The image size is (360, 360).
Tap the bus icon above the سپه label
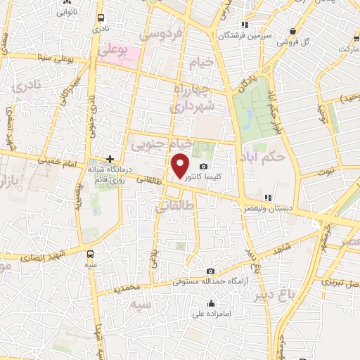coord(89,254)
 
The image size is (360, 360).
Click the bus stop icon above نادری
coord(103,18)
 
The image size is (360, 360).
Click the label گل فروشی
coord(292,42)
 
